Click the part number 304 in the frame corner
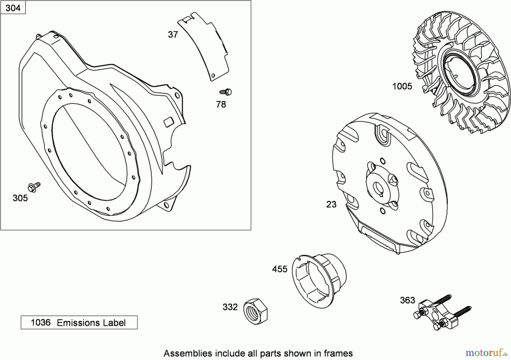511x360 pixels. [13, 8]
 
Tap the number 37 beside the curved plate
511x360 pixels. [173, 35]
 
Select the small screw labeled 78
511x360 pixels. [226, 92]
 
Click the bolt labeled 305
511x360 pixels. [34, 187]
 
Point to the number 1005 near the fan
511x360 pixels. [402, 86]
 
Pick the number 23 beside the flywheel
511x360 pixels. [331, 204]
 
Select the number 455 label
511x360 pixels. [280, 269]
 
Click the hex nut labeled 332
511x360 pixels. [256, 311]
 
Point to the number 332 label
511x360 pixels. [230, 307]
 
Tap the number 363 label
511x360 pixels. [407, 300]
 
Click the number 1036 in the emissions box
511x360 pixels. [41, 323]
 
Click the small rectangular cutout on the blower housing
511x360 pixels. [169, 122]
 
